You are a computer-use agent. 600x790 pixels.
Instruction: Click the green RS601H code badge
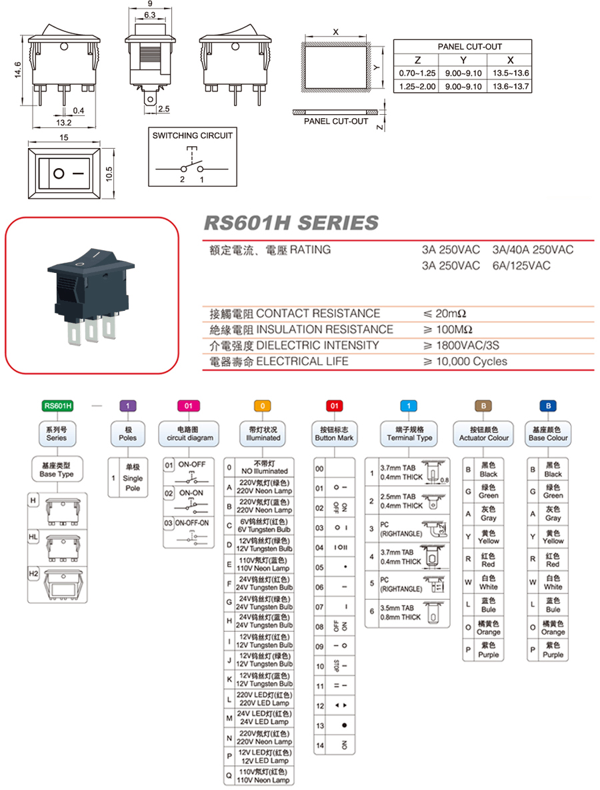tap(57, 405)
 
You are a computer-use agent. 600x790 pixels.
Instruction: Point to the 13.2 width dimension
tap(64, 123)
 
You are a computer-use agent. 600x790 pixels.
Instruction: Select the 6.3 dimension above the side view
tap(149, 15)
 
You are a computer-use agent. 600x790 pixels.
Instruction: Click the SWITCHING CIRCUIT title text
tap(193, 135)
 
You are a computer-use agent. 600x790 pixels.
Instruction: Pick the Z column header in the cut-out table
tap(417, 59)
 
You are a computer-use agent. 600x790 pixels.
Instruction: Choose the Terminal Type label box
tap(409, 434)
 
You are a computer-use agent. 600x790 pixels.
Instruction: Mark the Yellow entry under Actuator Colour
tap(488, 537)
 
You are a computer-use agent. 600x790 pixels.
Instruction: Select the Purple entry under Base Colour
tap(553, 650)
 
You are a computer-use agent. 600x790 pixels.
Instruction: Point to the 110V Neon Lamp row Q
tap(264, 775)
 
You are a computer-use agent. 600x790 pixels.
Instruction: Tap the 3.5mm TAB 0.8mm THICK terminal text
tap(400, 613)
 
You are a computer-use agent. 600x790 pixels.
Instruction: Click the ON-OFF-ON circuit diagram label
tap(191, 524)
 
